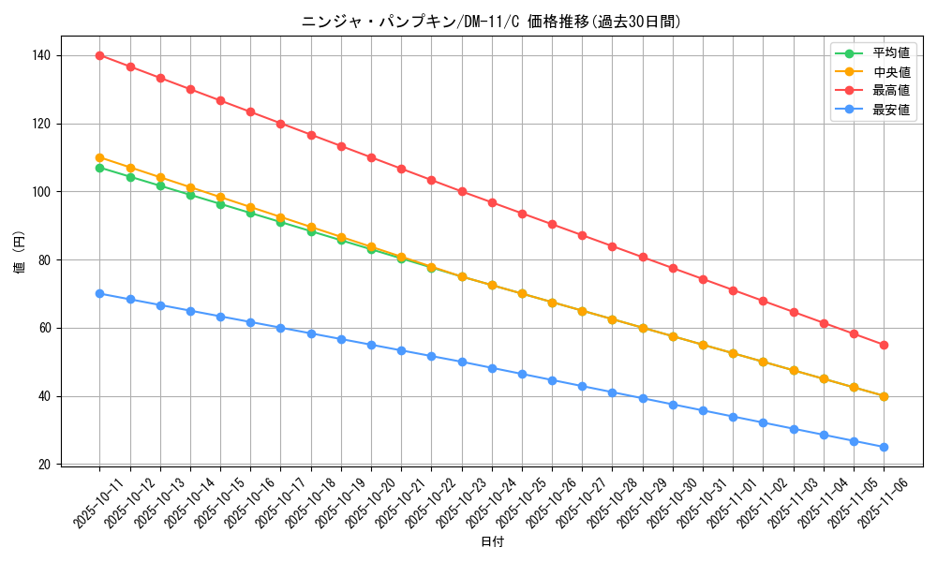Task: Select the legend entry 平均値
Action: tap(891, 53)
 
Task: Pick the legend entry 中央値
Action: tap(891, 72)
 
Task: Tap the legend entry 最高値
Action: tap(891, 91)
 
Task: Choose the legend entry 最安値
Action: tap(891, 110)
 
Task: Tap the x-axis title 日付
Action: tap(492, 542)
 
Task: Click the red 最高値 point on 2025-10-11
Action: tap(99, 55)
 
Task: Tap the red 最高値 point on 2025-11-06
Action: tap(884, 346)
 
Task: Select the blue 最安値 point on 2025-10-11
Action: tap(99, 293)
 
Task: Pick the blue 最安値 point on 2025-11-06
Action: tap(884, 447)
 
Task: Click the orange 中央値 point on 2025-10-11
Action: tap(99, 157)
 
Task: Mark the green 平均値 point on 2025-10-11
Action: tap(99, 168)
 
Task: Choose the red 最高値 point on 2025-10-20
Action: tap(371, 157)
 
